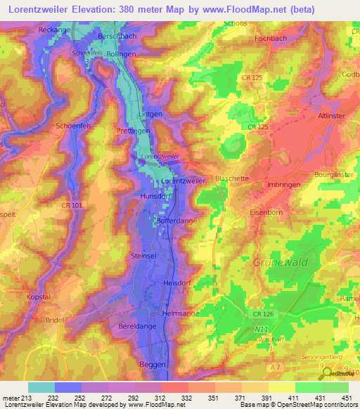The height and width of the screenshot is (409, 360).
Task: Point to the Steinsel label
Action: [143, 257]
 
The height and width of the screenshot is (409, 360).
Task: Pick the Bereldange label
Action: [137, 327]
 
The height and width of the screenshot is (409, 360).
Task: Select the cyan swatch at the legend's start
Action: [41, 387]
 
